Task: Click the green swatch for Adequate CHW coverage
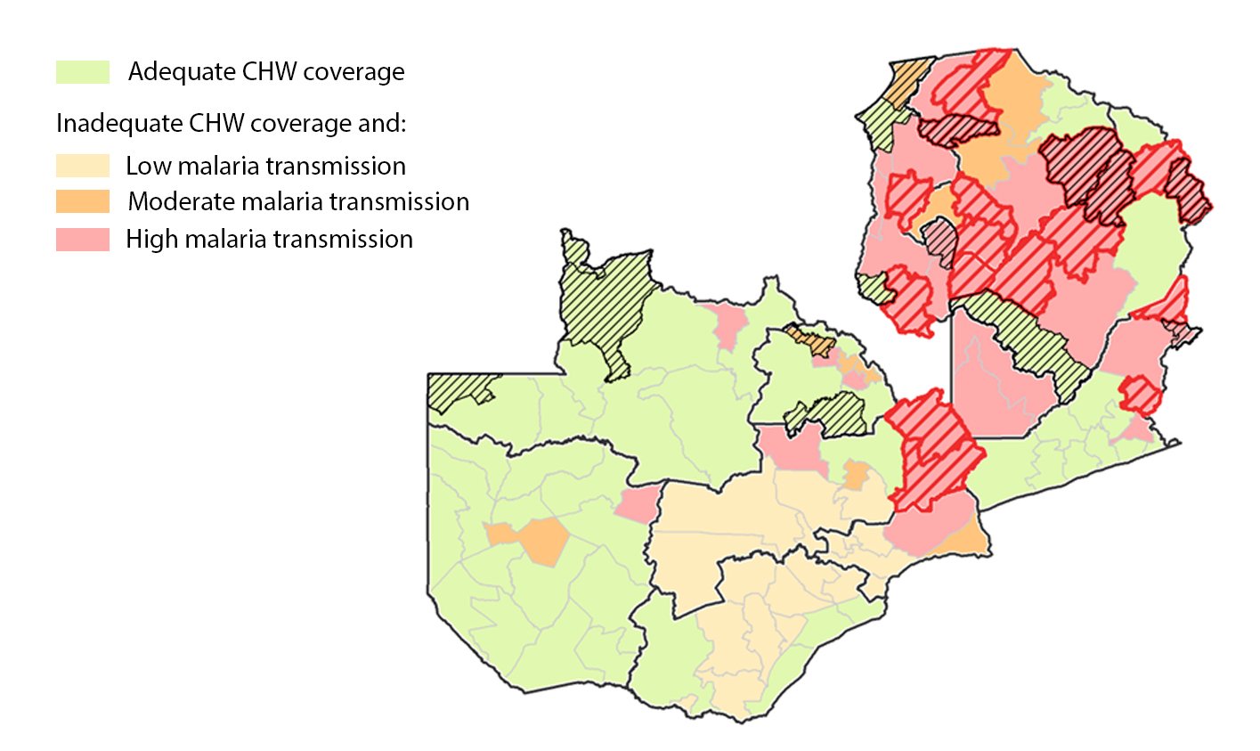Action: coord(83,72)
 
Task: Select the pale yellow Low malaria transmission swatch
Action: coord(83,166)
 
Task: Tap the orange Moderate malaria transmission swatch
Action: coord(83,201)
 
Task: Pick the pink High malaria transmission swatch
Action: coord(83,239)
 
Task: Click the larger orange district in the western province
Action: coord(543,540)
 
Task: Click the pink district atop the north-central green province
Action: coord(728,322)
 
